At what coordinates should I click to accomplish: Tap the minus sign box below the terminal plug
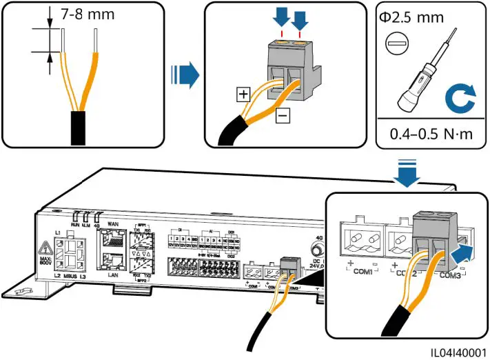(x=283, y=117)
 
